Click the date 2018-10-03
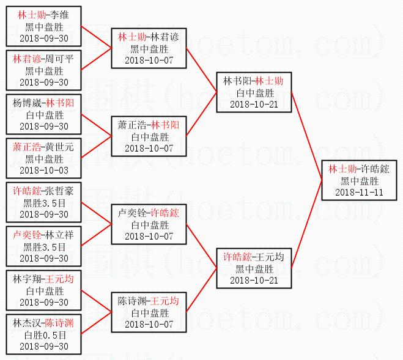pos(44,171)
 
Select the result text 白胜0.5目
pos(44,335)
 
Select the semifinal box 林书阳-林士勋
pos(254,92)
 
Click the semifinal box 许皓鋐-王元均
pos(254,268)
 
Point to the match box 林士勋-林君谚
pos(149,48)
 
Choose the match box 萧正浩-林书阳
pos(149,136)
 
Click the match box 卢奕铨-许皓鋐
pos(149,224)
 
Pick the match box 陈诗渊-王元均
pos(149,312)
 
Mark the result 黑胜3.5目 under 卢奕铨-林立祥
pos(44,247)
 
